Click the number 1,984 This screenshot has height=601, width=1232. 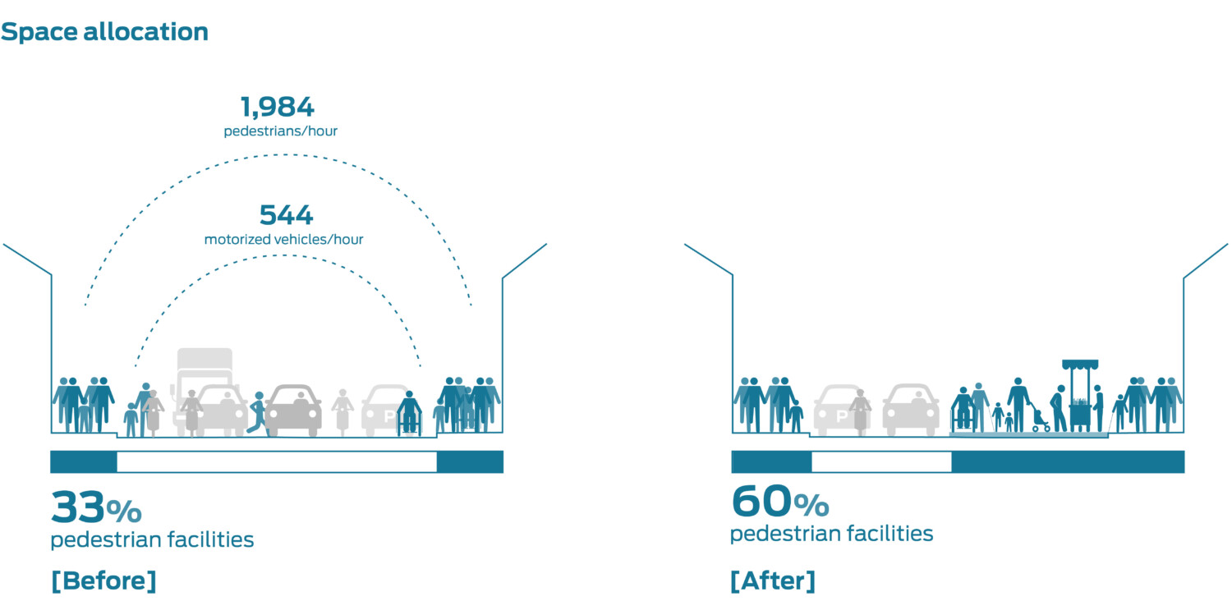point(277,107)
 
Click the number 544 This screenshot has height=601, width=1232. point(286,215)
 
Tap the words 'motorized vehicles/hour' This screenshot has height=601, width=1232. point(284,240)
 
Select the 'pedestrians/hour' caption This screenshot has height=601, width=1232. point(280,131)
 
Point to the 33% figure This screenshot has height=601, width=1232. point(95,507)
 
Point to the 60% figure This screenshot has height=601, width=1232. point(779,502)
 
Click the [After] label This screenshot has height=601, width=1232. point(772,580)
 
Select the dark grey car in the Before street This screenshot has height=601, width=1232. point(293,411)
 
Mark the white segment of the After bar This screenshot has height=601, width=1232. point(881,462)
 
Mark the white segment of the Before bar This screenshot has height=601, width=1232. point(277,462)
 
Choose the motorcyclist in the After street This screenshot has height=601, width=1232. point(860,411)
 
